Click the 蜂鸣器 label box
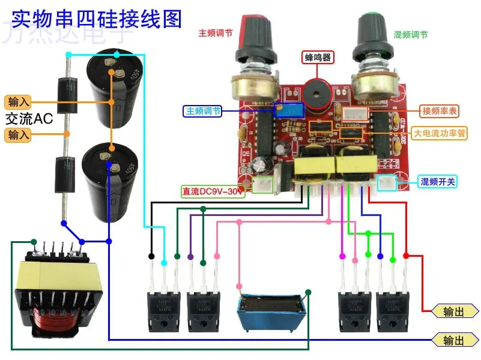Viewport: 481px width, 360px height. coord(318,58)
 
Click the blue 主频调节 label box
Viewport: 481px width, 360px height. coord(202,112)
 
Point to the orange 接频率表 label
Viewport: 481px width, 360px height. coord(440,111)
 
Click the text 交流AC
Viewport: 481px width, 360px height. coord(29,118)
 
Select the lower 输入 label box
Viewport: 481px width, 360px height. coord(18,135)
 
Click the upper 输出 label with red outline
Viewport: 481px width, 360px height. coord(455,311)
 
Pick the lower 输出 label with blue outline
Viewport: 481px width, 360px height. coord(455,340)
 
